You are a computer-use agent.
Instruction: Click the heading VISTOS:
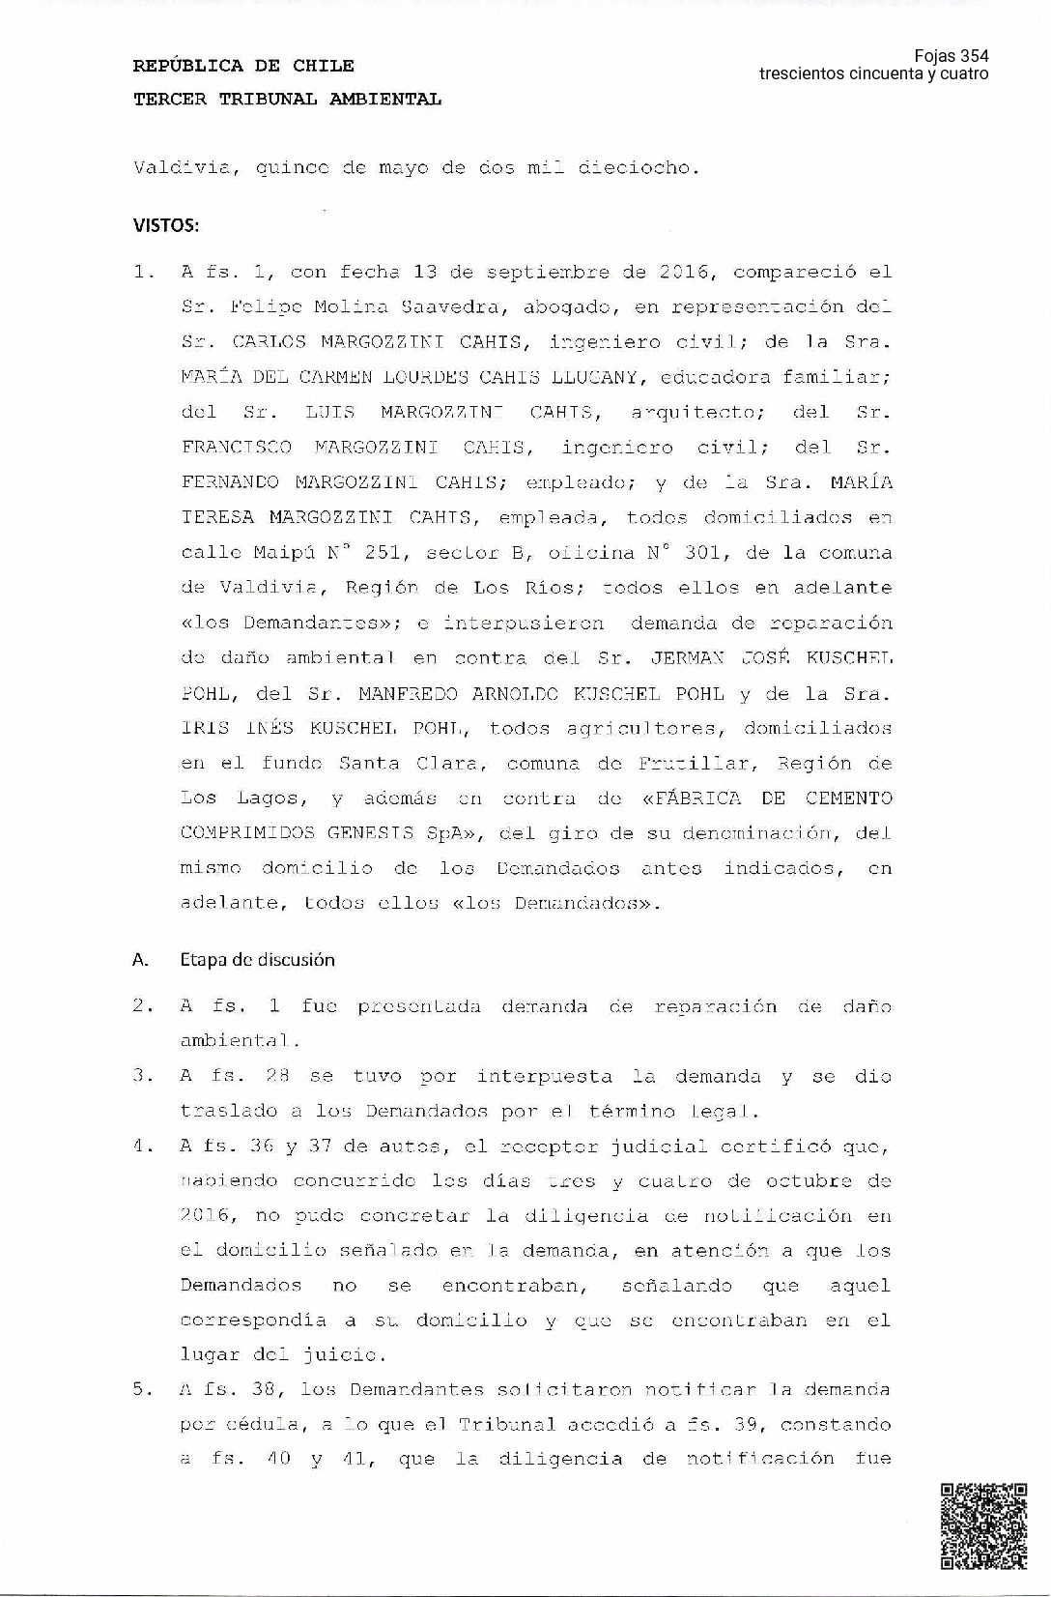(x=166, y=226)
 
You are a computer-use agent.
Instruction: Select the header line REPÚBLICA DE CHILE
(x=243, y=66)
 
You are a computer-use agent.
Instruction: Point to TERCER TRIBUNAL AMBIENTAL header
(x=287, y=99)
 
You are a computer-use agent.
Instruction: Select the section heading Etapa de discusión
(x=257, y=960)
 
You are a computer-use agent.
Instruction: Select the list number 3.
(x=142, y=1076)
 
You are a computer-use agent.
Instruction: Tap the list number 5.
(x=142, y=1389)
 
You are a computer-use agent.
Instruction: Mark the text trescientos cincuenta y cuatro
(x=873, y=74)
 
